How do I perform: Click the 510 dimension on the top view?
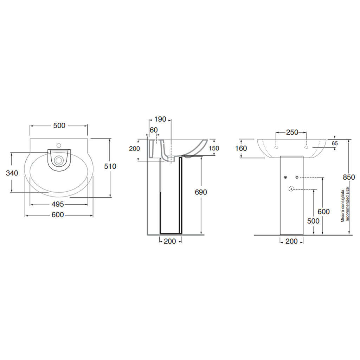[x=110, y=166]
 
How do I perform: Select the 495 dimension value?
[x=58, y=204]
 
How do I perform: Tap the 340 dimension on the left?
[x=12, y=173]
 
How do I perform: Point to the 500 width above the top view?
[x=59, y=126]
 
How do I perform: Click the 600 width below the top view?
[x=58, y=215]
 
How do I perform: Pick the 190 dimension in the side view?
[x=160, y=120]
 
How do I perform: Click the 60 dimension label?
[x=154, y=130]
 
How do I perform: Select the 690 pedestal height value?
[x=201, y=192]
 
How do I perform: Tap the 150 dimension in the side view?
[x=214, y=148]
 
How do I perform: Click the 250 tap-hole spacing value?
[x=292, y=132]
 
